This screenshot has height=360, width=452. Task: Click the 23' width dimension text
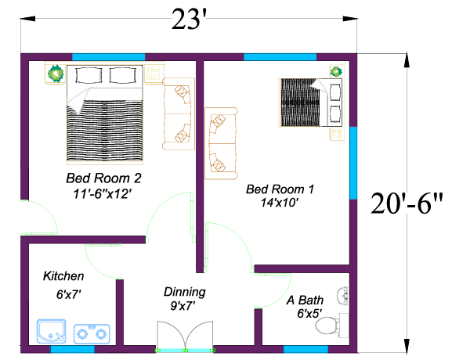click(x=189, y=20)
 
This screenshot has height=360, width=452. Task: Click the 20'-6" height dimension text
click(x=407, y=203)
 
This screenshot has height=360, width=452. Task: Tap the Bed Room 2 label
click(x=103, y=178)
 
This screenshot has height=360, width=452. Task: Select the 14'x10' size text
click(x=279, y=203)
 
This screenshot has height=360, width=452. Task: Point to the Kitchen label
click(x=63, y=276)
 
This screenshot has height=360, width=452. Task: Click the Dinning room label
click(x=185, y=292)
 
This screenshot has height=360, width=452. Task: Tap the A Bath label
click(x=305, y=301)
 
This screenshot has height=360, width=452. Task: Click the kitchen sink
click(x=52, y=331)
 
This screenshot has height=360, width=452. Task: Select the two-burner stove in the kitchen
click(x=92, y=334)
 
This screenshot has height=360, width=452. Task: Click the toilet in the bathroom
click(x=331, y=326)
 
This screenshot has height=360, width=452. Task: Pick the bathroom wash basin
click(x=343, y=296)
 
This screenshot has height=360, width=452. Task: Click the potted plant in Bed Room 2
click(x=56, y=74)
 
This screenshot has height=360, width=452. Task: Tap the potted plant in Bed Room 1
click(x=336, y=71)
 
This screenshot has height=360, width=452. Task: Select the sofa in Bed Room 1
click(x=221, y=143)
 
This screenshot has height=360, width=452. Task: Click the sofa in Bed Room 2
click(x=179, y=113)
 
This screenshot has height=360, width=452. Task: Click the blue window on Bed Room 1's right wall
click(x=353, y=163)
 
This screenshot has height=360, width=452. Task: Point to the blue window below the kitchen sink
click(x=73, y=349)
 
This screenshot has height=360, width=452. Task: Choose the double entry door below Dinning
click(x=186, y=337)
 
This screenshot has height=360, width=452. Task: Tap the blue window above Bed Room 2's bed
click(x=108, y=57)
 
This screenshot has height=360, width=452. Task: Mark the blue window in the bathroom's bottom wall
click(x=306, y=349)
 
